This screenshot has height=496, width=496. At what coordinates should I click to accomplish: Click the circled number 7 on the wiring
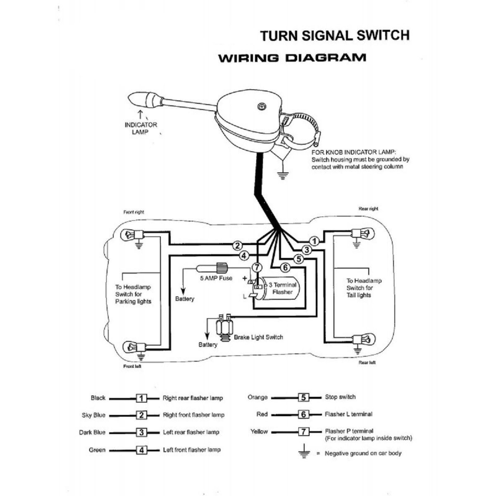[257, 267]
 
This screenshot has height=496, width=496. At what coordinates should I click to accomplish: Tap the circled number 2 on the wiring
[237, 246]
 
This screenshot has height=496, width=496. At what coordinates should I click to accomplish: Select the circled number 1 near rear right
[315, 241]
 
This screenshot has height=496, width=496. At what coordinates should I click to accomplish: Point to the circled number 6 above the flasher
[285, 267]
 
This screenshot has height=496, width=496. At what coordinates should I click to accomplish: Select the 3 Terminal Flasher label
[283, 289]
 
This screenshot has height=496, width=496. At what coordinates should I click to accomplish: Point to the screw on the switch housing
[261, 106]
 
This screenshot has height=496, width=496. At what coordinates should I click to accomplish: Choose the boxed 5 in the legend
[304, 398]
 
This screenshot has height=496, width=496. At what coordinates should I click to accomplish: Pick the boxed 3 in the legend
[142, 433]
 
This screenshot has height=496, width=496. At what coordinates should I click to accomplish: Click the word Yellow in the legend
[259, 432]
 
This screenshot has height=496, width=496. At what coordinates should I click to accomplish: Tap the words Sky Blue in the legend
[93, 415]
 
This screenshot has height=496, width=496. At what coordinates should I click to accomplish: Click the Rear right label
[368, 209]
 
